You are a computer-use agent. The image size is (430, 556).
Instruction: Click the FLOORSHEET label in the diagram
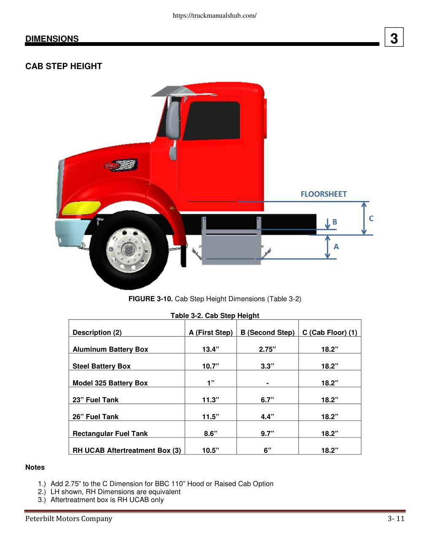coord(323,194)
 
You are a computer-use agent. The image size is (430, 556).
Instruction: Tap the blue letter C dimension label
coord(371,219)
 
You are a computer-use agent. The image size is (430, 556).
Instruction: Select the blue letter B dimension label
coord(334,222)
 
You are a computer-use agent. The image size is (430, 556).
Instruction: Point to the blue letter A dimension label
coord(336,247)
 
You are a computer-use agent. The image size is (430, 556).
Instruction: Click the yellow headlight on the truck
coord(81,208)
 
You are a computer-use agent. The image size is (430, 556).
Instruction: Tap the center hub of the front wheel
coord(128,249)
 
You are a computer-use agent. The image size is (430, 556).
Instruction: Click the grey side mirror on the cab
coord(173,120)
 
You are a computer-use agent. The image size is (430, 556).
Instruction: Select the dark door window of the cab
coord(212,120)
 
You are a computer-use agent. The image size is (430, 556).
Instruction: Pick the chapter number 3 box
coord(394,37)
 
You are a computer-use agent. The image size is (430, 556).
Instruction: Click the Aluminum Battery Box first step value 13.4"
coord(210,349)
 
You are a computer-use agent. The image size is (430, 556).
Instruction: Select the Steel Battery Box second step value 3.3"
coord(267,366)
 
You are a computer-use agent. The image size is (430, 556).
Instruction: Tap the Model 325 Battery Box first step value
coord(210,383)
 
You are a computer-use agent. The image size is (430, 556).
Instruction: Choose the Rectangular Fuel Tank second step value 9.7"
coord(267,433)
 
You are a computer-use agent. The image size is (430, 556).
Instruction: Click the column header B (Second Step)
coord(267,332)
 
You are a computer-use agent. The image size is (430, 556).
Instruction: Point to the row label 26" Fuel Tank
coord(96,417)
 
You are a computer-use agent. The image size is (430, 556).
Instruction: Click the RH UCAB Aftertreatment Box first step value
coord(210,450)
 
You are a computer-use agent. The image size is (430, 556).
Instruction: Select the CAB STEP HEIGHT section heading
coord(64,66)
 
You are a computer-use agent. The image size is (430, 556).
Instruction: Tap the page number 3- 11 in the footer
coord(396,519)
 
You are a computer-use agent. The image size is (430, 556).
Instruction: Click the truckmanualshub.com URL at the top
coord(215,16)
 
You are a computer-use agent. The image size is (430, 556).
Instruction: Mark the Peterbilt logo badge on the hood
coord(121,165)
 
